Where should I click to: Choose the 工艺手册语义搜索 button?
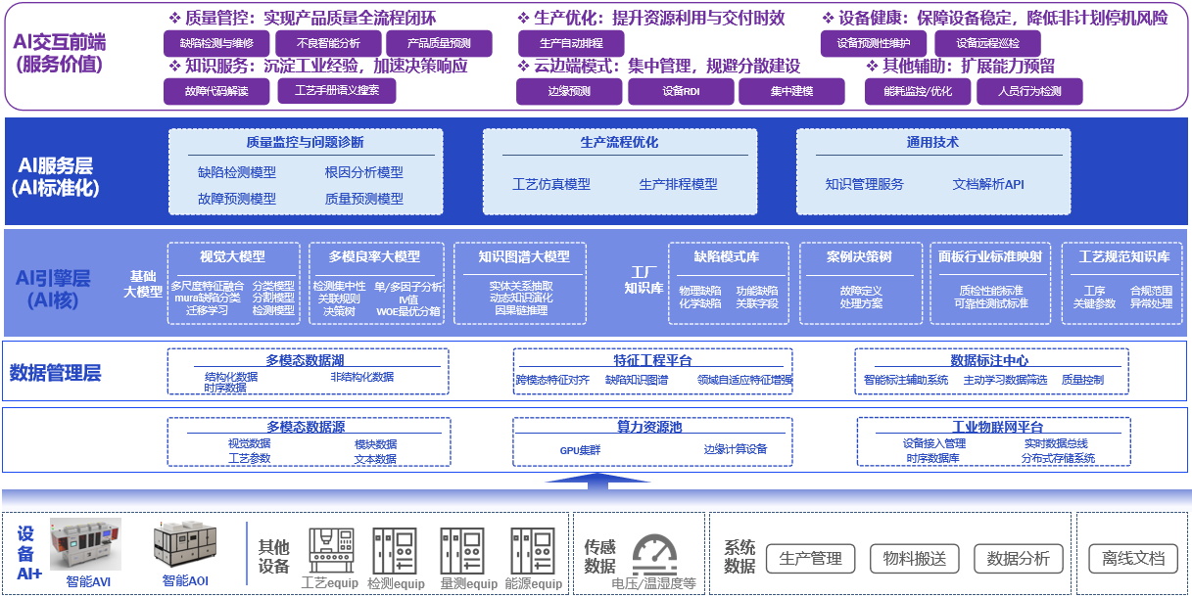click(x=337, y=91)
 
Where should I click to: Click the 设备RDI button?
click(x=681, y=91)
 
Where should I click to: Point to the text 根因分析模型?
click(x=364, y=172)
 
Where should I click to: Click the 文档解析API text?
click(x=988, y=184)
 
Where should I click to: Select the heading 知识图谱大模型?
click(x=524, y=256)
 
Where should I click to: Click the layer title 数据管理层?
click(x=56, y=372)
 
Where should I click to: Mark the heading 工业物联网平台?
click(x=997, y=427)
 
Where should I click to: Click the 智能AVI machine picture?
click(x=85, y=544)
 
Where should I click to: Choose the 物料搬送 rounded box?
click(x=915, y=559)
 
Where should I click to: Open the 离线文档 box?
click(x=1133, y=559)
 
